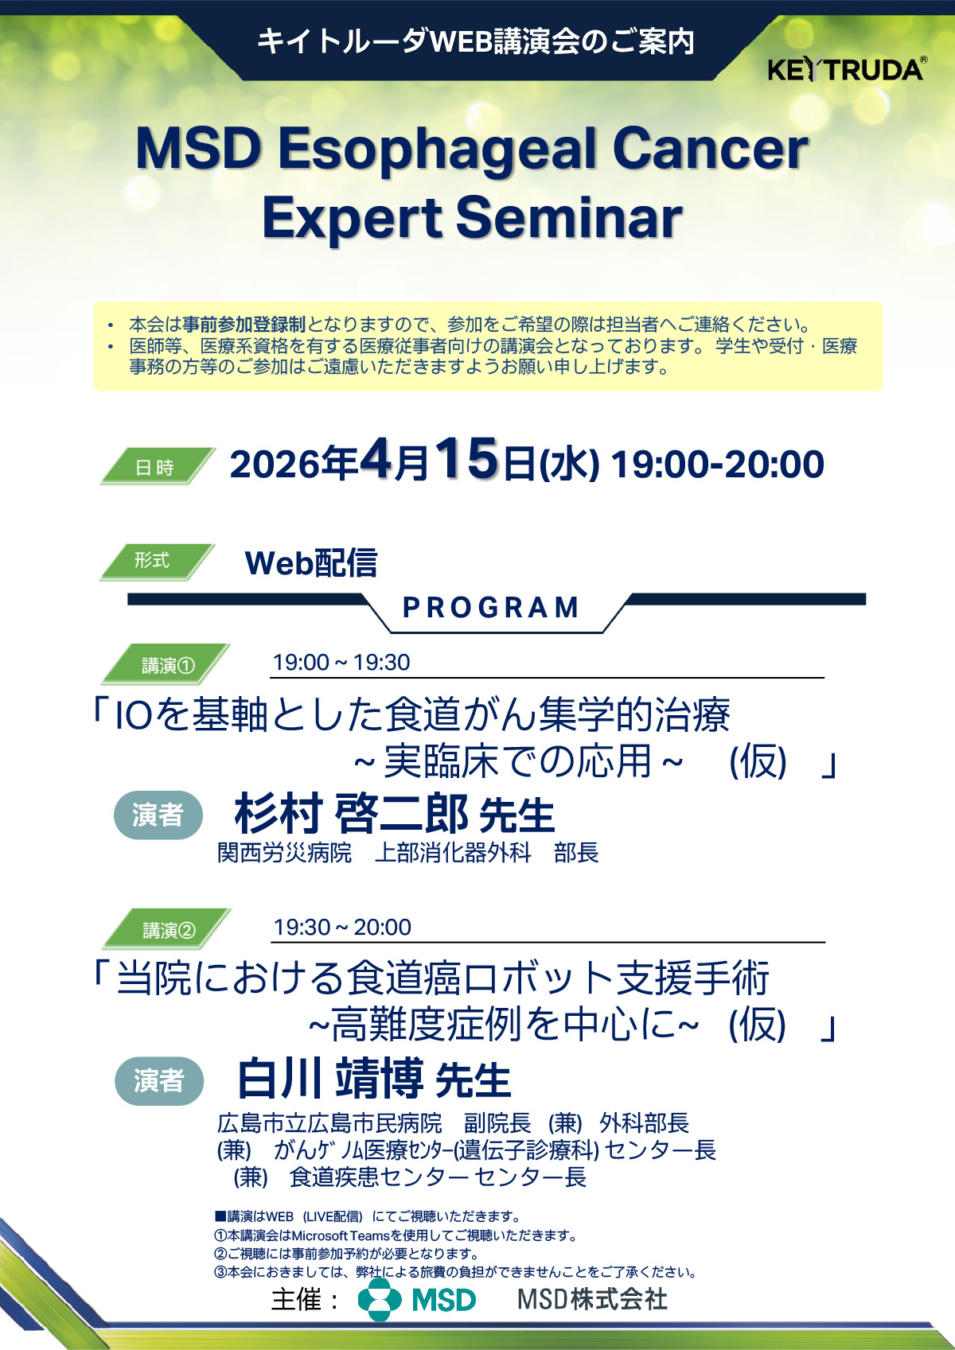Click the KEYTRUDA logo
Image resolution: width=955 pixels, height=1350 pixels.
[x=847, y=69]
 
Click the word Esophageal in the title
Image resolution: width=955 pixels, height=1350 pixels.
[x=437, y=150]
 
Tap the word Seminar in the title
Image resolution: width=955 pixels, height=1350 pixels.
[x=568, y=217]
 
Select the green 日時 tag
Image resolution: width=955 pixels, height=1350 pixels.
[x=158, y=466]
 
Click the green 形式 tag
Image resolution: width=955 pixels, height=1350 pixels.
[x=157, y=562]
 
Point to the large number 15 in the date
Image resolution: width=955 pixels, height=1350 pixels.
[x=466, y=459]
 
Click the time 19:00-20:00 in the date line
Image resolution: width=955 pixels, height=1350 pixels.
[x=718, y=465]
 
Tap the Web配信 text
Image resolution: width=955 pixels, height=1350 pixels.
[x=311, y=563]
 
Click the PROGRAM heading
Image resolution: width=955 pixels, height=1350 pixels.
[x=491, y=608]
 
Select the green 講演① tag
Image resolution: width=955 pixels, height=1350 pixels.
[x=166, y=664]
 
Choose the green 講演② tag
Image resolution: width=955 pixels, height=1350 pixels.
[x=166, y=928]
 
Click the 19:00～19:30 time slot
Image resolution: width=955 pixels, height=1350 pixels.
[x=341, y=663]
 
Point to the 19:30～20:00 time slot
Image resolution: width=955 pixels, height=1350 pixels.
[x=342, y=927]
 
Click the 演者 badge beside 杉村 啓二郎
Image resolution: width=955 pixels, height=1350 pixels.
[x=158, y=815]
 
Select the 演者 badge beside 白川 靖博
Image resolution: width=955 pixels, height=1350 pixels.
[x=159, y=1080]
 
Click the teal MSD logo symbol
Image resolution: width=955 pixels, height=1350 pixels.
[x=380, y=1300]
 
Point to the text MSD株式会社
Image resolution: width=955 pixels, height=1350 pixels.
[x=592, y=1299]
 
